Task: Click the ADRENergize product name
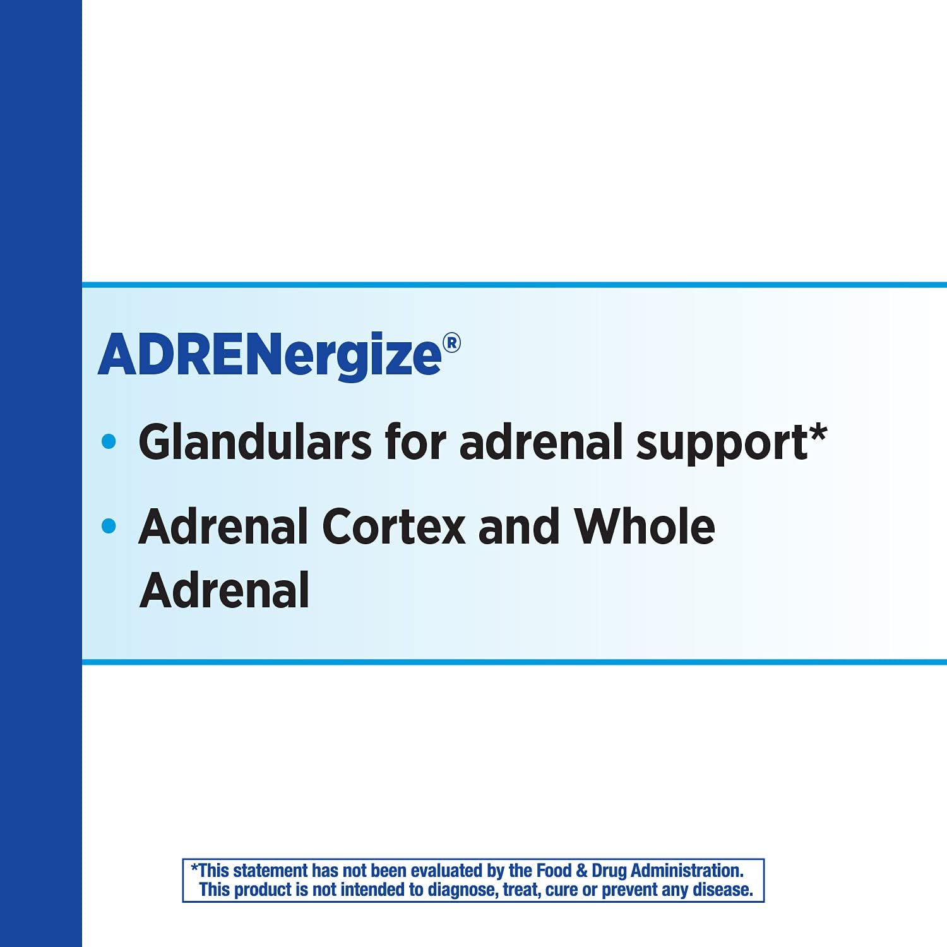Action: pos(270,355)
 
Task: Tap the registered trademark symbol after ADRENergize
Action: pos(451,343)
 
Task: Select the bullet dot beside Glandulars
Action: pos(109,441)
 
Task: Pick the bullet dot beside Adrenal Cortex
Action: pos(109,525)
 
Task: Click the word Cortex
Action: pos(394,527)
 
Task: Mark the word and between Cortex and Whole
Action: pos(519,527)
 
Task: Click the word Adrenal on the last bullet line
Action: pos(225,591)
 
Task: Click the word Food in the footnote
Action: pos(554,871)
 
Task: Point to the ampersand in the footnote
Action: pos(581,871)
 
